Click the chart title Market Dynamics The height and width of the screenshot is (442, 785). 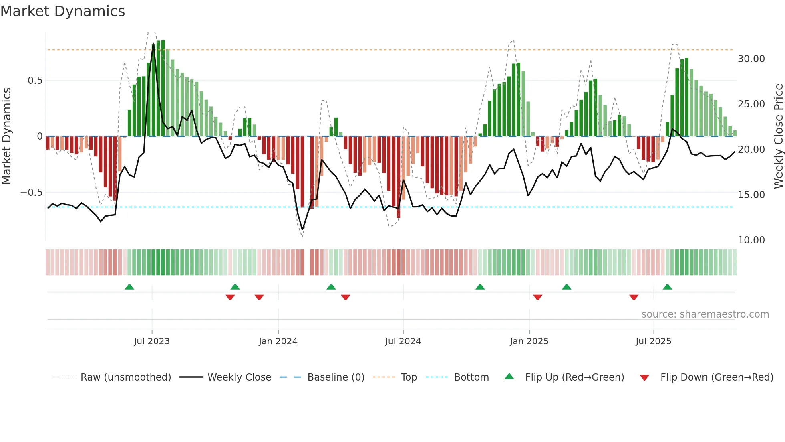click(x=62, y=11)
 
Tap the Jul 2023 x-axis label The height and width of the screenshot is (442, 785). click(x=152, y=341)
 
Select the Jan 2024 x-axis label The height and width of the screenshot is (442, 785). click(x=278, y=341)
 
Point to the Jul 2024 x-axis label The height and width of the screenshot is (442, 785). click(x=403, y=341)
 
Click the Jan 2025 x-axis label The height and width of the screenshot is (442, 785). click(x=529, y=341)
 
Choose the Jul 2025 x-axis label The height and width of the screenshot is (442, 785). click(x=653, y=341)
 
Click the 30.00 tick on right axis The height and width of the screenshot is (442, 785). click(x=751, y=59)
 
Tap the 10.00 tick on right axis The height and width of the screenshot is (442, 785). click(x=751, y=240)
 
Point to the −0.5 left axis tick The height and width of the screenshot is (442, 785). click(x=31, y=193)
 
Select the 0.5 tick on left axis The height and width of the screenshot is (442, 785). click(x=35, y=81)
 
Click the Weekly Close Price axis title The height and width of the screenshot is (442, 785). click(x=778, y=136)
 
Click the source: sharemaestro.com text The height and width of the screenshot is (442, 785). click(x=705, y=314)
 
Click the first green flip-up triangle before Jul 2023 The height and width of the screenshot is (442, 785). click(x=129, y=287)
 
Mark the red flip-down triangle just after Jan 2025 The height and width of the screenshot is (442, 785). click(x=537, y=297)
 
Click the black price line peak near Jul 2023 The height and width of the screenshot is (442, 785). click(x=153, y=44)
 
